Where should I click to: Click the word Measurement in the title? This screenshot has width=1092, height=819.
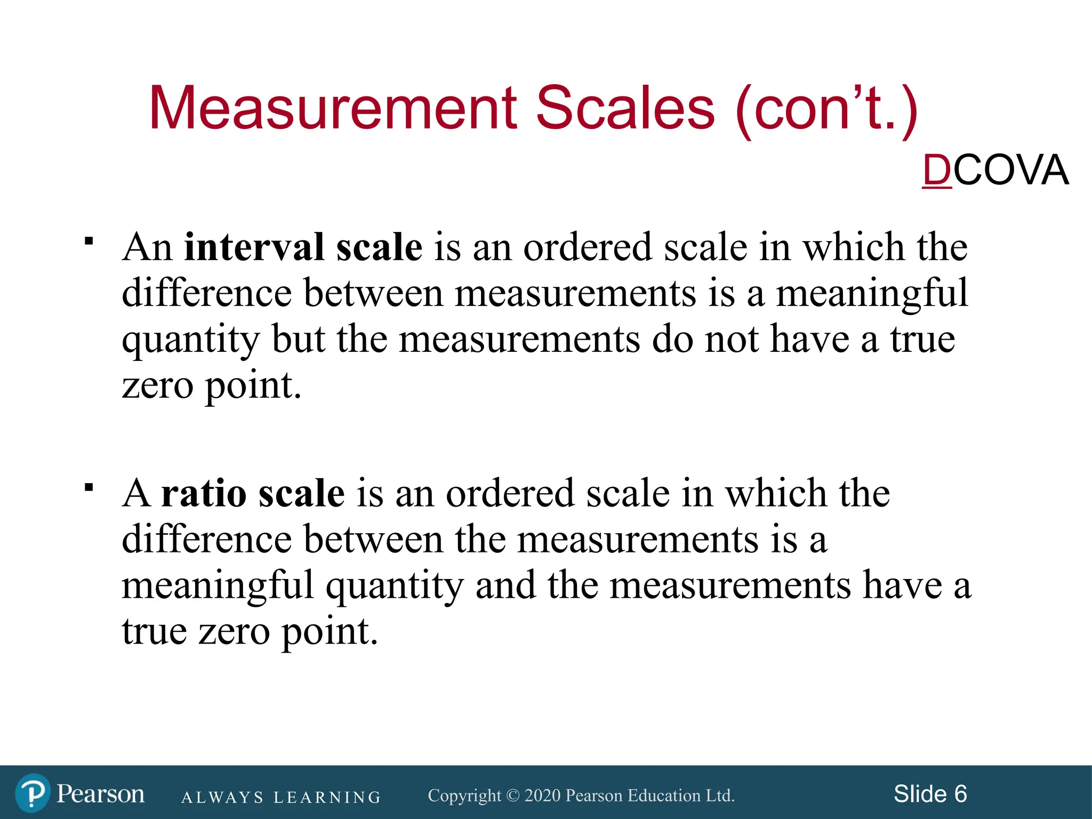click(333, 109)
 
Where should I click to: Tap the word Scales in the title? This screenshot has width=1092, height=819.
click(624, 109)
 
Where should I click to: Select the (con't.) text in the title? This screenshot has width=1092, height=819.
click(826, 110)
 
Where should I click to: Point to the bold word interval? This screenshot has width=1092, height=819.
click(254, 247)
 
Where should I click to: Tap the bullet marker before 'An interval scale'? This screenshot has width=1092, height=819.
click(89, 241)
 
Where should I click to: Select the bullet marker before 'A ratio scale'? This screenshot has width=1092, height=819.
click(89, 487)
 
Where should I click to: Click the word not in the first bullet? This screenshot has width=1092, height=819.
click(732, 340)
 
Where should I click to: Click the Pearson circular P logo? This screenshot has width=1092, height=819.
click(33, 793)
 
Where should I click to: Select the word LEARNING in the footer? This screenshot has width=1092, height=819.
click(327, 798)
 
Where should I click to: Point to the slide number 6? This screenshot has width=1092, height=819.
click(960, 794)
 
